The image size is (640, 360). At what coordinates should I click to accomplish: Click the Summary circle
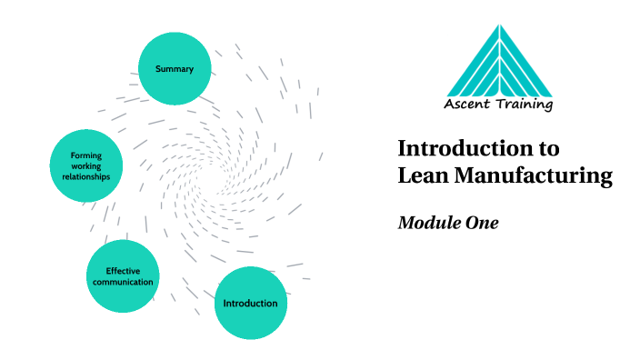pos(174,69)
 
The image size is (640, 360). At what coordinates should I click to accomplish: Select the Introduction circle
pos(250,303)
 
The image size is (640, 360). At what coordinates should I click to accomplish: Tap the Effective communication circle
pos(123,276)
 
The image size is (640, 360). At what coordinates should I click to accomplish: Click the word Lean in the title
pos(422,175)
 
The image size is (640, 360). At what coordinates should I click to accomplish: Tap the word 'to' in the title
pos(549,148)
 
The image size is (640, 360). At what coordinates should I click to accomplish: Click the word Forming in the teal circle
pos(86,155)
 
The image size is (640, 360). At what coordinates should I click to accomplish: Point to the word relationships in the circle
pos(86,177)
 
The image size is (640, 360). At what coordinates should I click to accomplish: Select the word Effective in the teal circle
pos(123,271)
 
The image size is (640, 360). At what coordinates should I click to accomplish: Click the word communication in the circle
pos(123,282)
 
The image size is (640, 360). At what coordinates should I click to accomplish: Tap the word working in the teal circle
pos(86,166)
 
